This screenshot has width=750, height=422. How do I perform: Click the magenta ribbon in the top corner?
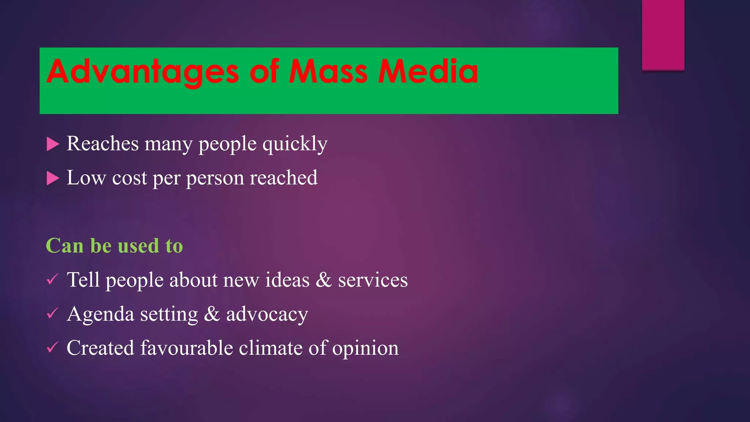pos(663,35)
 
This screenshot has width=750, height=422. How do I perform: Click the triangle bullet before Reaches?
pos(53,144)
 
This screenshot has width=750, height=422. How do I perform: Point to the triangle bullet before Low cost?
pos(53,179)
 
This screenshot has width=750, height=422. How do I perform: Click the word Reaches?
pos(103,144)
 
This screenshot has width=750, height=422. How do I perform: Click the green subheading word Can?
pos(64,246)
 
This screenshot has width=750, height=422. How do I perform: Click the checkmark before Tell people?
pos(52,280)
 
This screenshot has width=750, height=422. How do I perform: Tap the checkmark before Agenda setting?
pos(52,314)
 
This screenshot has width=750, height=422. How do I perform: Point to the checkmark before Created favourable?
pos(52,347)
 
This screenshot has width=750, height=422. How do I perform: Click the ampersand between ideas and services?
pos(323,280)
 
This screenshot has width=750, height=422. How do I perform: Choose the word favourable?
pos(186,348)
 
